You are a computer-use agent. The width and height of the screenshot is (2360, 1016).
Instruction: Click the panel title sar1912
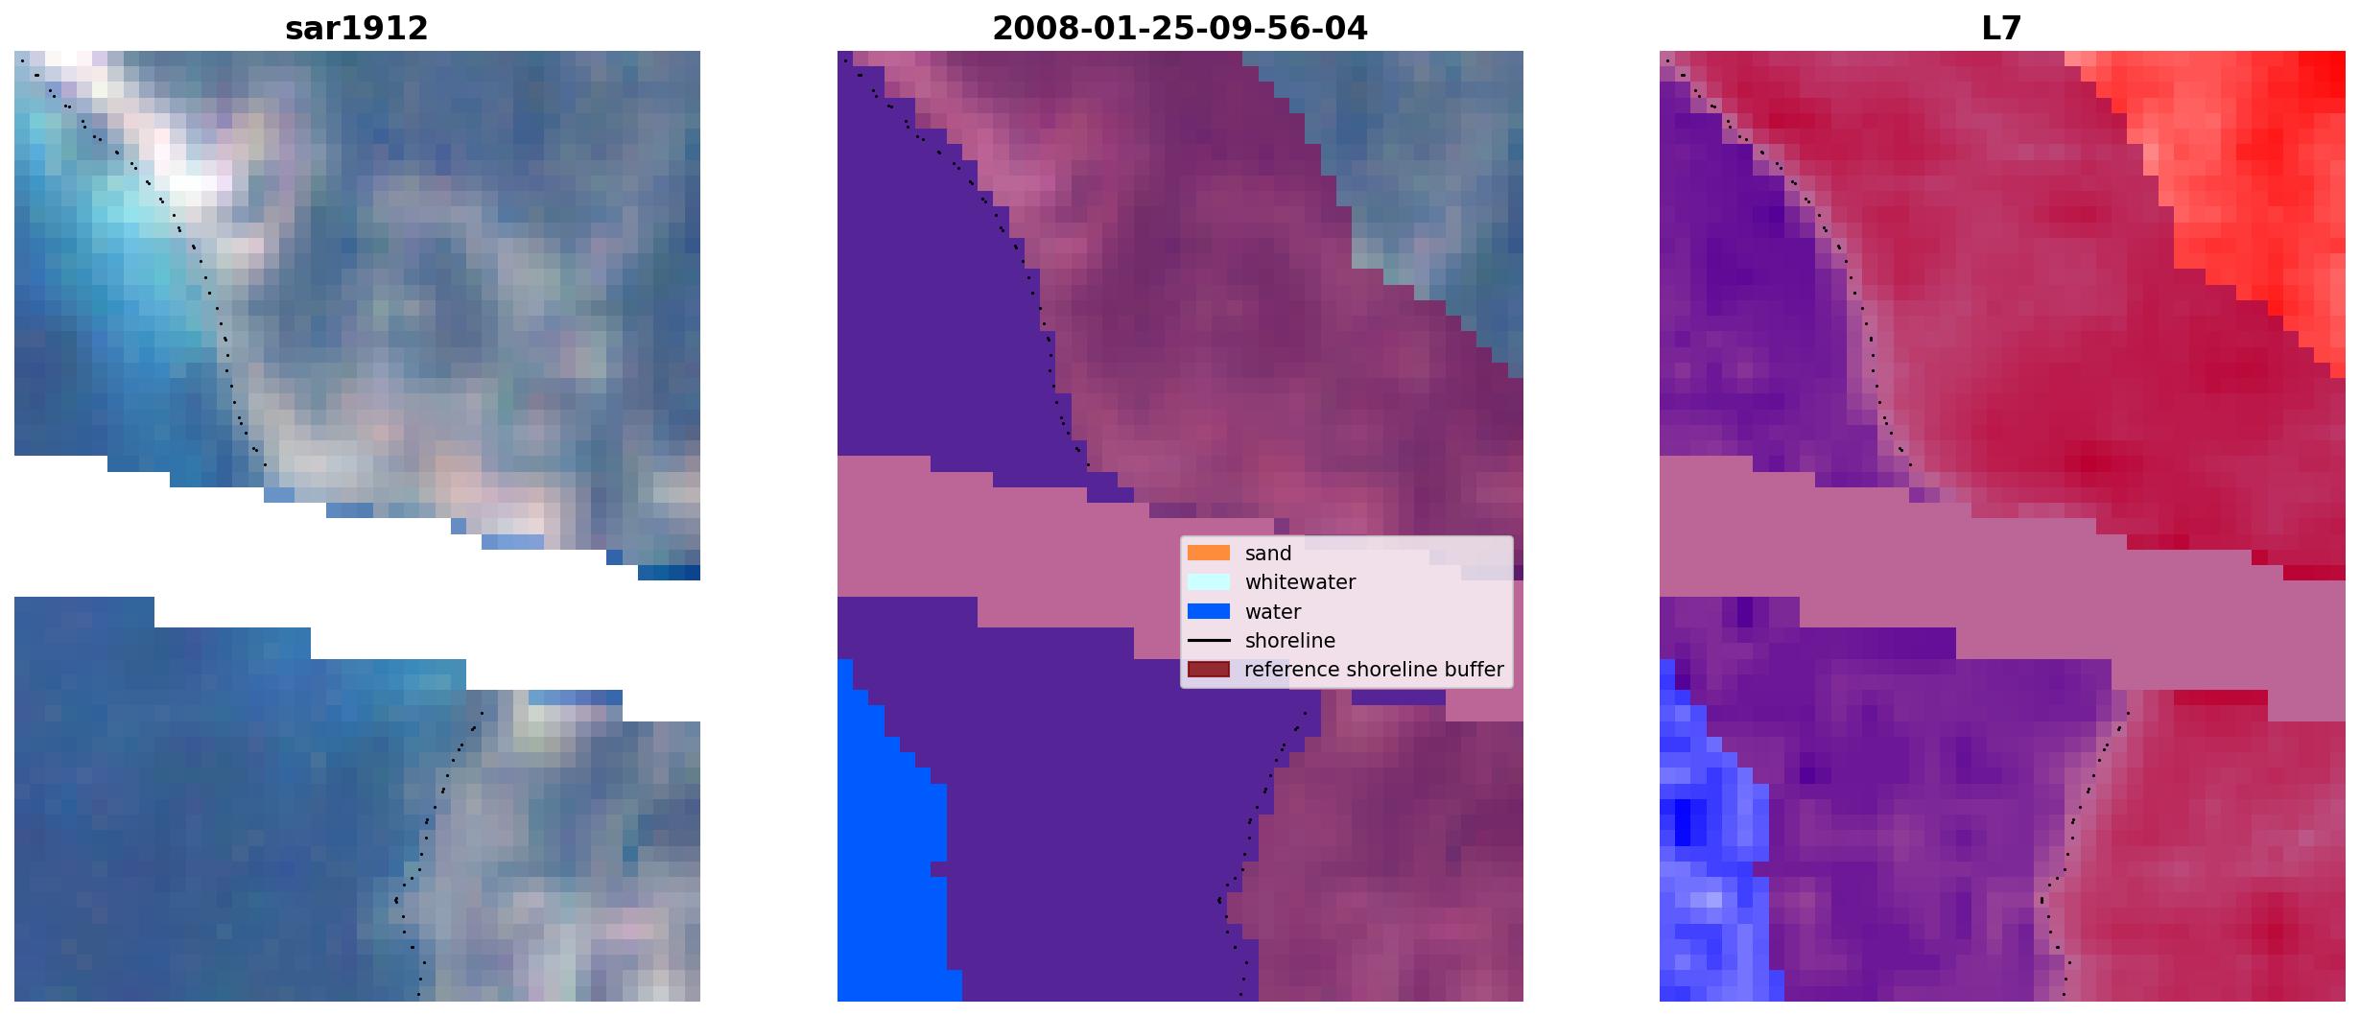(356, 29)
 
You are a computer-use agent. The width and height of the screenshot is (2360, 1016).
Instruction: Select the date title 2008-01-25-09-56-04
(1179, 29)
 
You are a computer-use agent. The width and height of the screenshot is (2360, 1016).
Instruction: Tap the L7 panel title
(2001, 29)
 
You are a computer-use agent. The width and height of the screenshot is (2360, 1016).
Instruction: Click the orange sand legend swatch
(1209, 553)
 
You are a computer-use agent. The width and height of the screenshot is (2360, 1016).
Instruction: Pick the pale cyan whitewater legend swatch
(1209, 581)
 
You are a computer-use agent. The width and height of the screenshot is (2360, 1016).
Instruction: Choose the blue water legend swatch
(1209, 611)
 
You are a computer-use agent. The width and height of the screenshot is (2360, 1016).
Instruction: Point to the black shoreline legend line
(1209, 640)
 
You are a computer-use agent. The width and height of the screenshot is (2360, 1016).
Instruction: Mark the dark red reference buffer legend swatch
(1209, 669)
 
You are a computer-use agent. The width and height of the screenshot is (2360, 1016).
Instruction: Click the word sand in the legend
(1268, 554)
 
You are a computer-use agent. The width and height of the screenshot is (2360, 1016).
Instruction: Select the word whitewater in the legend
(1300, 582)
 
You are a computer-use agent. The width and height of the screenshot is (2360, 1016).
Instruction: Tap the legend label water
(1273, 612)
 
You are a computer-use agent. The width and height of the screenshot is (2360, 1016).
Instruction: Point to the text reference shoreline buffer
(1374, 670)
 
